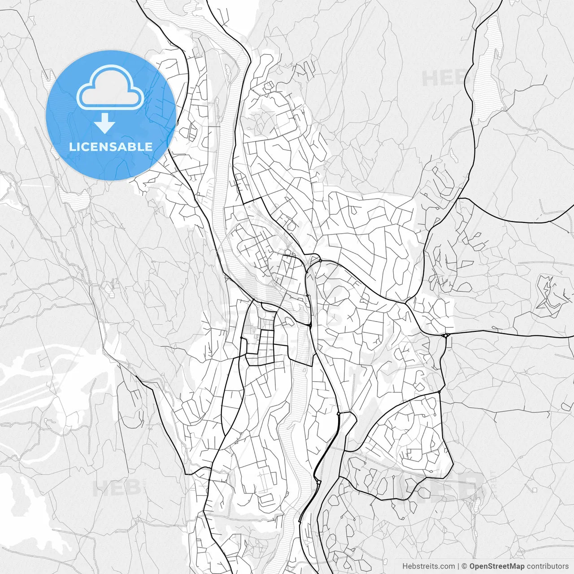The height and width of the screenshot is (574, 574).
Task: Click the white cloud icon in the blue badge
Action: click(x=110, y=88)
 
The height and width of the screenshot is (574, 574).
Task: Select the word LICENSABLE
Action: click(x=111, y=147)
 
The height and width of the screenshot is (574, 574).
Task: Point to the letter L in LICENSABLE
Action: click(x=72, y=147)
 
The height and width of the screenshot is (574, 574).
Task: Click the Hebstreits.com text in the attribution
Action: click(x=428, y=566)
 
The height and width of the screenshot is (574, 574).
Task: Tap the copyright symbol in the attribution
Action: click(x=465, y=566)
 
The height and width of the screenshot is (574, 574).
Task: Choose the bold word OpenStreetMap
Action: click(x=496, y=566)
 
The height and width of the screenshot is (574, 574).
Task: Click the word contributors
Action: click(x=548, y=566)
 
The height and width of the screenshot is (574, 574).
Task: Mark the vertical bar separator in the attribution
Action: click(x=458, y=566)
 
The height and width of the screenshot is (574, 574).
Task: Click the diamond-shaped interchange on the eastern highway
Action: click(x=446, y=335)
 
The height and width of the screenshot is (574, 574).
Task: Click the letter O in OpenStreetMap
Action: click(x=473, y=566)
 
